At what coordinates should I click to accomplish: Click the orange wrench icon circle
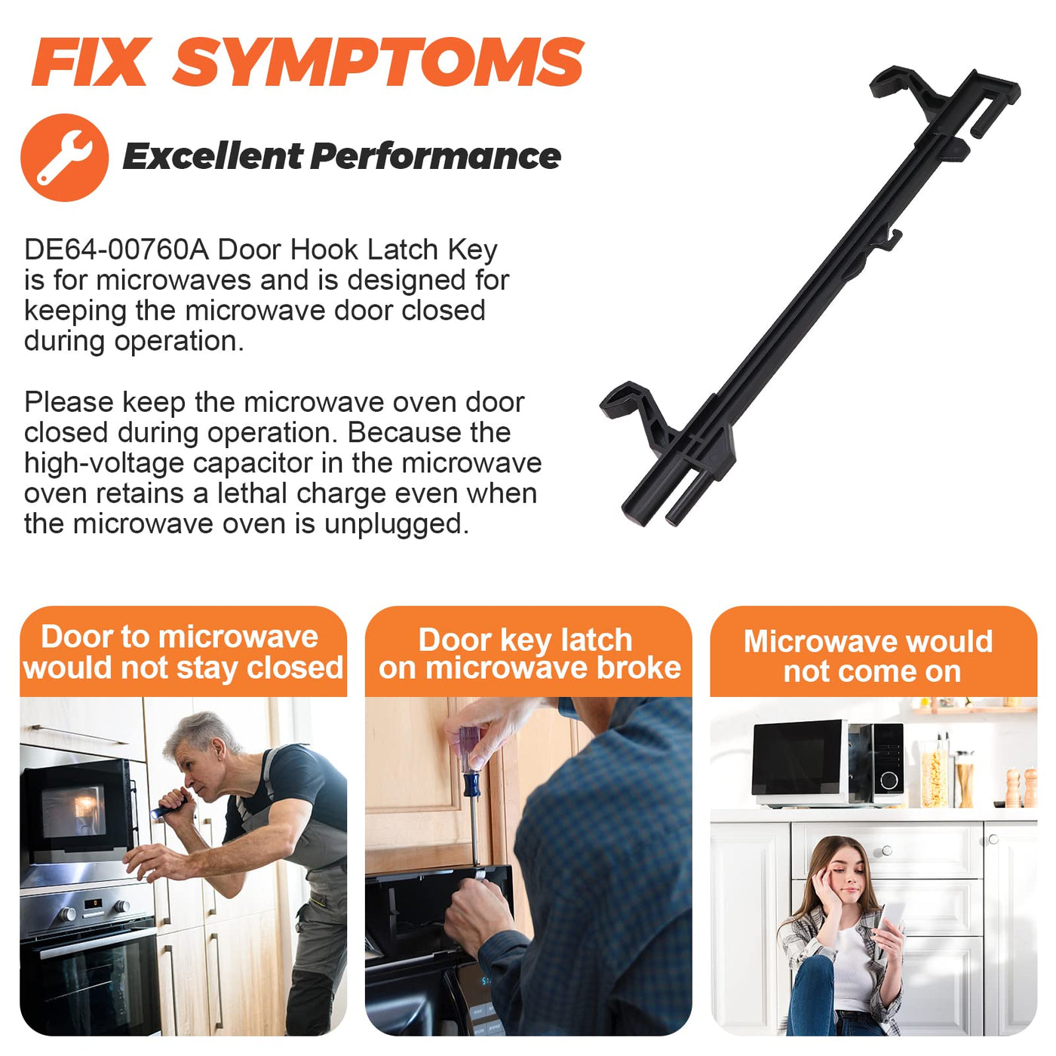(65, 158)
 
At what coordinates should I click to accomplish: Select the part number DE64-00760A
(117, 250)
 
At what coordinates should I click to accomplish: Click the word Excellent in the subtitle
(213, 156)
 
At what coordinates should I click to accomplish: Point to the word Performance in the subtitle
(436, 156)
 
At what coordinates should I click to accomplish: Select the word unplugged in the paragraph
(396, 524)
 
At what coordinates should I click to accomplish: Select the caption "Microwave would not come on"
(868, 656)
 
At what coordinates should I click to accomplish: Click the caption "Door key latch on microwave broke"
(529, 654)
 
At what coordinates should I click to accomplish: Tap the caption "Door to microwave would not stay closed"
(183, 652)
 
